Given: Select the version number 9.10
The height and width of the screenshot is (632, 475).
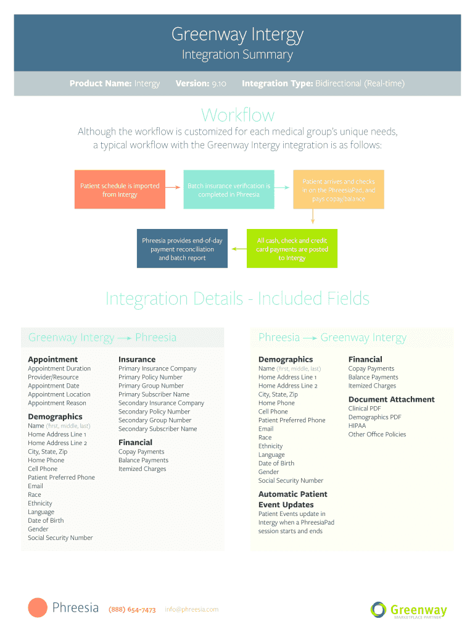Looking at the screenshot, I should pos(218,83).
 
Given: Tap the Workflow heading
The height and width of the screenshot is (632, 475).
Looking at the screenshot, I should pos(238,115).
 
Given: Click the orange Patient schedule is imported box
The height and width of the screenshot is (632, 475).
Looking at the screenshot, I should pos(120,189).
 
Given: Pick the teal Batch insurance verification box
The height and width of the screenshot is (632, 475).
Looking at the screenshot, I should pos(229,189).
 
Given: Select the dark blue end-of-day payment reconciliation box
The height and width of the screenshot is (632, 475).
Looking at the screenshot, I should pos(182,249).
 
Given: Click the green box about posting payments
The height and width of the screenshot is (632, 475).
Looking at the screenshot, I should pos(292,249).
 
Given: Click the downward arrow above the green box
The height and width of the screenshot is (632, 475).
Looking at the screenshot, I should pos(313,216).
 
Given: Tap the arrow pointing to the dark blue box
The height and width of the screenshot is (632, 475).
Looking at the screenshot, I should pos(238,249).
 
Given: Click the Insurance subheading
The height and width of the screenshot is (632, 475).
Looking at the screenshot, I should pos(137,359).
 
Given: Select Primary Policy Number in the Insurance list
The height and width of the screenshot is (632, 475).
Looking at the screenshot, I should pos(151,377).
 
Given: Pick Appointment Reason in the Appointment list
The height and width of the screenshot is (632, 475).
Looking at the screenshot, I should pos(57,403).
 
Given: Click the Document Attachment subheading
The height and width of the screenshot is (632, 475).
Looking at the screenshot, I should pos(391,399).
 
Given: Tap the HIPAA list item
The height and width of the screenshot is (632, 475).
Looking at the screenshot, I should pos(357,425).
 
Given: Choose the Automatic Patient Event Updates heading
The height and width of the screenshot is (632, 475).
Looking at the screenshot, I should pos(292,499).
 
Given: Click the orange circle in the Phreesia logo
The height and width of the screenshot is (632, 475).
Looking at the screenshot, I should pos(38,608).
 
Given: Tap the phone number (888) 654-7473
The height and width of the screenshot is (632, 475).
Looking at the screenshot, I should pos(132,610).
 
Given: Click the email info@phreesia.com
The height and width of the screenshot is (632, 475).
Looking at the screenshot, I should pos(192,610).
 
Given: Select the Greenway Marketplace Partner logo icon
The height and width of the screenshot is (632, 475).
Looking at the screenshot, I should pos(378,610).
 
